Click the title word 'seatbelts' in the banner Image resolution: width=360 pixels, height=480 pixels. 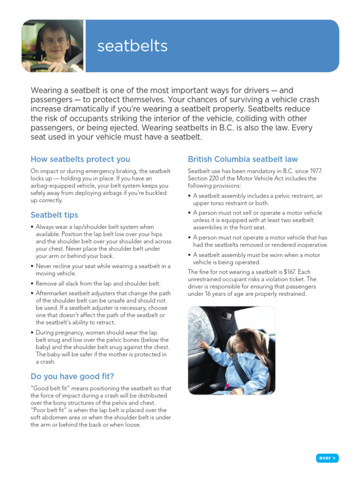point(132,46)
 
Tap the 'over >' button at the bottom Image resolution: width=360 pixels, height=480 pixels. point(327,458)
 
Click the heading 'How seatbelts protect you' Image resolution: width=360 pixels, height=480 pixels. point(80,159)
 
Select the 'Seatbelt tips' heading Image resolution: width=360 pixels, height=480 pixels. point(54,215)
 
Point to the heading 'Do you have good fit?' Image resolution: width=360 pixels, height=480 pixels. point(72,376)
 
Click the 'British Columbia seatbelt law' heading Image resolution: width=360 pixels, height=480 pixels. point(242,159)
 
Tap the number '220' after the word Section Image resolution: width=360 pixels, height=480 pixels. point(217,179)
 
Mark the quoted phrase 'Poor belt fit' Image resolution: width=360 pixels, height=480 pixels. point(51,410)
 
